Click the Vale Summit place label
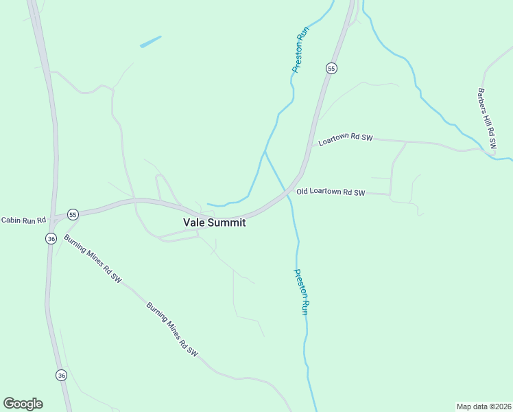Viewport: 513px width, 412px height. point(214,222)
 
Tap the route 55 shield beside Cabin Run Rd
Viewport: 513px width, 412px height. point(73,214)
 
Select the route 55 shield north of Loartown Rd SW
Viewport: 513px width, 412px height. point(331,68)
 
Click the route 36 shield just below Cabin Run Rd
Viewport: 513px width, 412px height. point(51,238)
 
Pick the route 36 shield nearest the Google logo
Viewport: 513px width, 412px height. point(62,375)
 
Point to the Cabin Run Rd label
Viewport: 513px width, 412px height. point(23,220)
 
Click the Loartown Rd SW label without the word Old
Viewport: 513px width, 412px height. point(346,138)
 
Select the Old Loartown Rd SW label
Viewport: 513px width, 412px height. point(331,193)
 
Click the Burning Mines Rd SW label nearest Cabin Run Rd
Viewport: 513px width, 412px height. point(93,259)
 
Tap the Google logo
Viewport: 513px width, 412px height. point(23,404)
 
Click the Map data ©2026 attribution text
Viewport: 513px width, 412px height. point(484,406)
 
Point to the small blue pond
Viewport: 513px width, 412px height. point(151,41)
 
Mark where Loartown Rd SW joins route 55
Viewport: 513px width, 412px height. point(312,145)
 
